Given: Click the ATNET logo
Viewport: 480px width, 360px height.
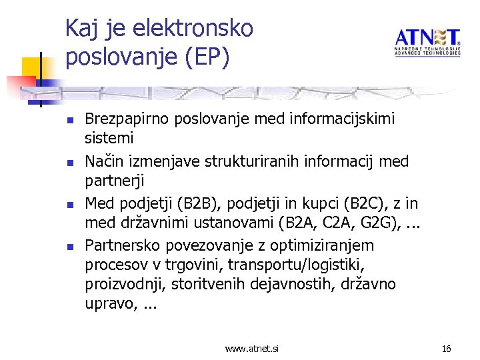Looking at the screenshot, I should (427, 42).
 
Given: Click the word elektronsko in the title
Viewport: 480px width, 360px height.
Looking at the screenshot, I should (193, 29).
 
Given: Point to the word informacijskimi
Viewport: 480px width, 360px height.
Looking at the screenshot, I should (343, 119).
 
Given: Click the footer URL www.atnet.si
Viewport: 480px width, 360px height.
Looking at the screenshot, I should (252, 348).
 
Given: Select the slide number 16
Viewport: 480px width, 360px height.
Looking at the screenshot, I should (446, 348).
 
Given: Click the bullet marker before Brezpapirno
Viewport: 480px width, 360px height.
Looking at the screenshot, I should (69, 121).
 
